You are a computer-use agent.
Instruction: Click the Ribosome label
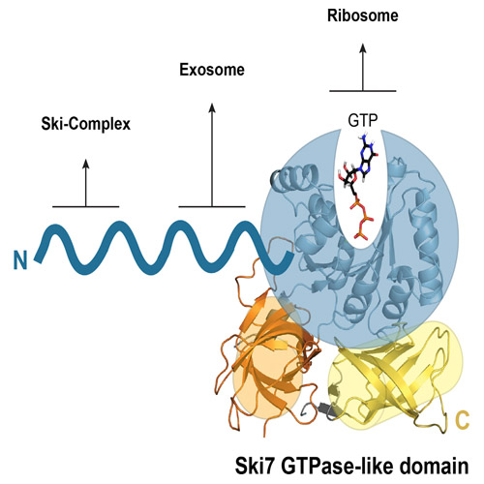coord(363,15)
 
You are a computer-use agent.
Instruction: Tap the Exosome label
coord(212,70)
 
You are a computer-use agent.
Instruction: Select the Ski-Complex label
coord(86,124)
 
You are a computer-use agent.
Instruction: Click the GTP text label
coord(363,120)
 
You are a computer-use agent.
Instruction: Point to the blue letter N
coord(20,260)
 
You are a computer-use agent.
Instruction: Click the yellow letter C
coord(462,420)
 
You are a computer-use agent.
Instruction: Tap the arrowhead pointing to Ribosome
coord(363,48)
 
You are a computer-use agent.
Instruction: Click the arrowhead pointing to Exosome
coord(212,107)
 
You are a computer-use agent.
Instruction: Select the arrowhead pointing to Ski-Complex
coord(86,164)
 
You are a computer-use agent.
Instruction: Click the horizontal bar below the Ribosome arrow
coord(363,91)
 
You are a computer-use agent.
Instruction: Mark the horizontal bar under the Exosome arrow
coord(212,206)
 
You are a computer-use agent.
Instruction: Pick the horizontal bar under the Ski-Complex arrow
coord(86,206)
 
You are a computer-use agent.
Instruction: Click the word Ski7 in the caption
coord(255,466)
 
